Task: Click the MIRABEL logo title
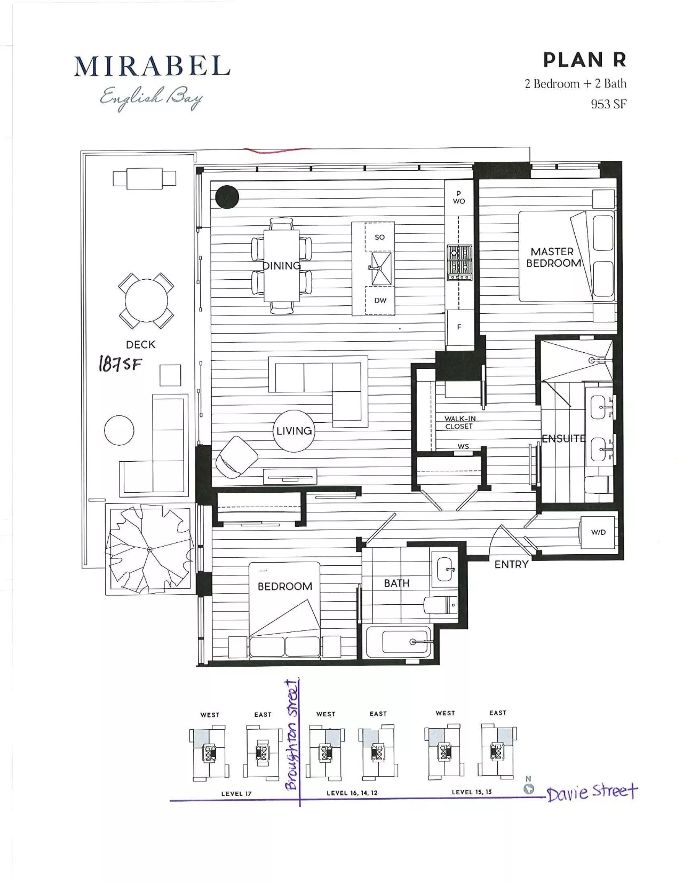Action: pos(152,66)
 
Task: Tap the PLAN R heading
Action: pos(585,60)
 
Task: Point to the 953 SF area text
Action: pos(609,104)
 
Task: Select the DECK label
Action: pos(141,344)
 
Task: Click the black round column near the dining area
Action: pos(227,197)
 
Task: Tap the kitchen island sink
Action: pos(381,269)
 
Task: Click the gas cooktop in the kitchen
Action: pos(459,263)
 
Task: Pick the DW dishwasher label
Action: pos(380,301)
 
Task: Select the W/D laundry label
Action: pos(598,532)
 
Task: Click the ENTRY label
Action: pos(511,564)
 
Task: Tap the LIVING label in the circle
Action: pos(294,431)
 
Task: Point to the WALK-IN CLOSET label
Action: pos(460,422)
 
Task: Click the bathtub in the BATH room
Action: pos(398,642)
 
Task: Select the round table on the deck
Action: pos(146,301)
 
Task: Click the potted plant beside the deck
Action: pos(149,549)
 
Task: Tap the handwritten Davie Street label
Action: pos(592,792)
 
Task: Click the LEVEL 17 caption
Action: pos(236,794)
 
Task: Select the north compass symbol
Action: pos(528,786)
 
